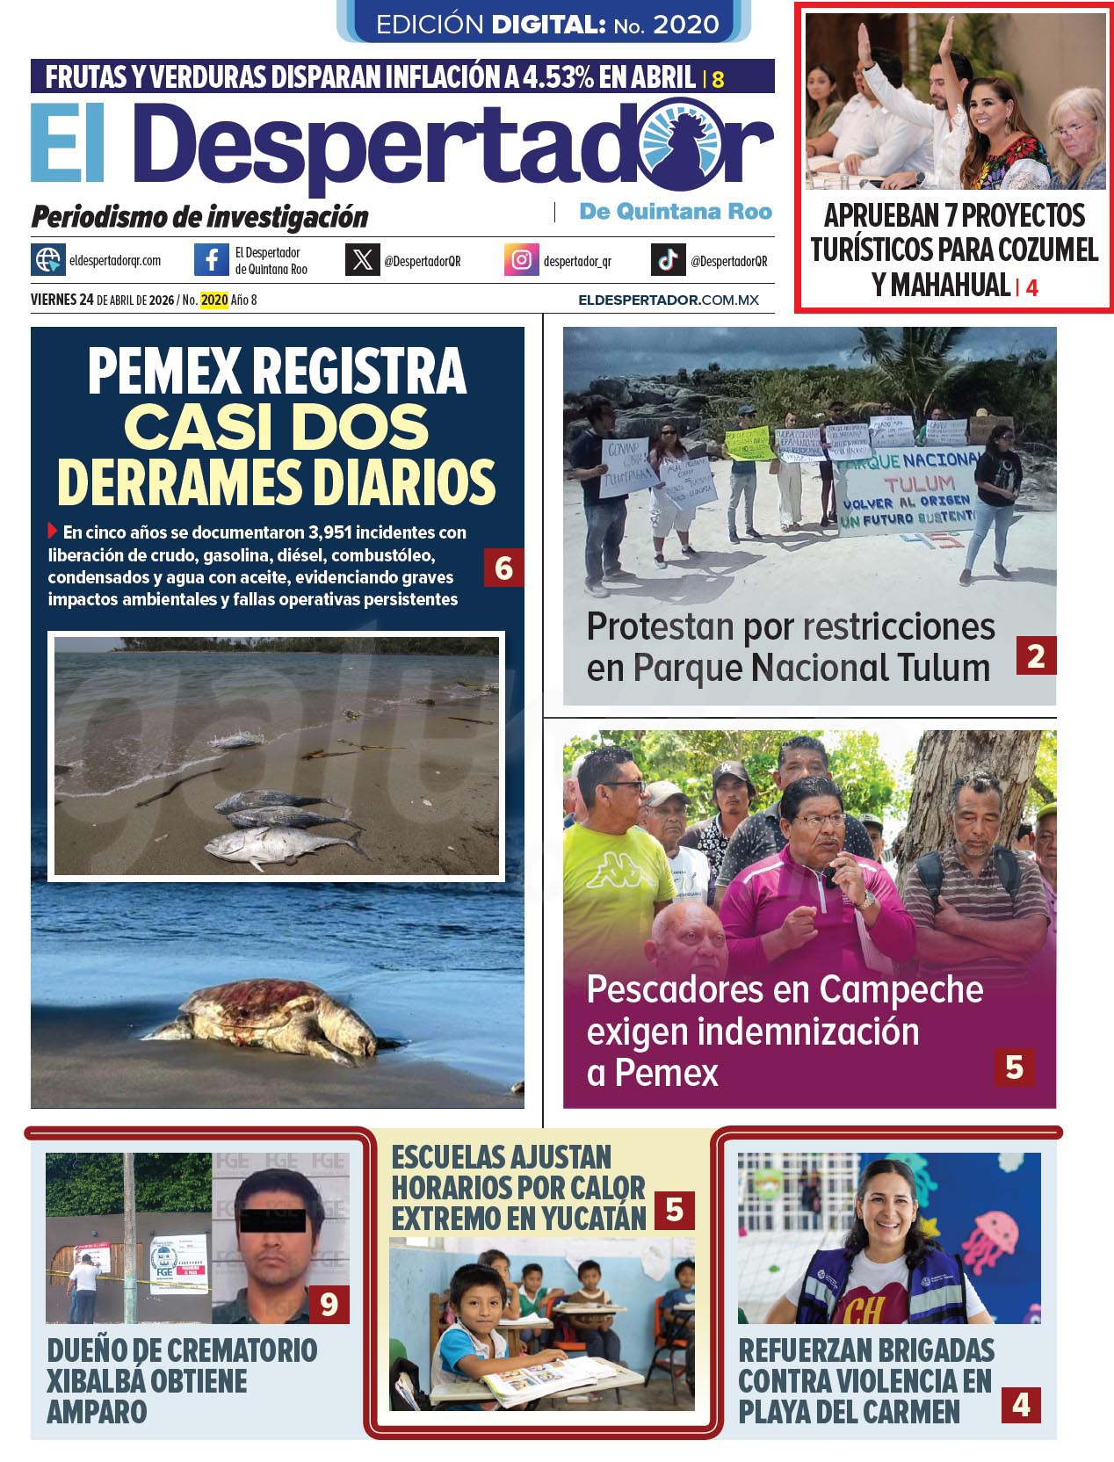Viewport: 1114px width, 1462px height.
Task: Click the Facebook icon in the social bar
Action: [x=212, y=261]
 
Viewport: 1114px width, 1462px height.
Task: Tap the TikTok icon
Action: [x=668, y=261]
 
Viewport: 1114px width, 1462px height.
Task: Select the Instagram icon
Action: [x=521, y=261]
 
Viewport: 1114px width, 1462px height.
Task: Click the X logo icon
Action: [x=362, y=261]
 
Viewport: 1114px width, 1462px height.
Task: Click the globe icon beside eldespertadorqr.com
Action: [x=48, y=261]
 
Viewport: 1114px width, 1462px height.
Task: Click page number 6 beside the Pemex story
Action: [x=503, y=568]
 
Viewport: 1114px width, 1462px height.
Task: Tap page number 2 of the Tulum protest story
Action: [x=1035, y=656]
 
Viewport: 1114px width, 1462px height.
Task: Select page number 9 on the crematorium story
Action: [x=329, y=1304]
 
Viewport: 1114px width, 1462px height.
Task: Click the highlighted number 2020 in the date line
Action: [x=214, y=300]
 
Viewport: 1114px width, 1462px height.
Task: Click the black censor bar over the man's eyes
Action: [x=271, y=1220]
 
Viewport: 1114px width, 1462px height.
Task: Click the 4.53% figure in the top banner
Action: [x=559, y=77]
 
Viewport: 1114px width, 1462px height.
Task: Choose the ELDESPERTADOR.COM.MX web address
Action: [x=668, y=300]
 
